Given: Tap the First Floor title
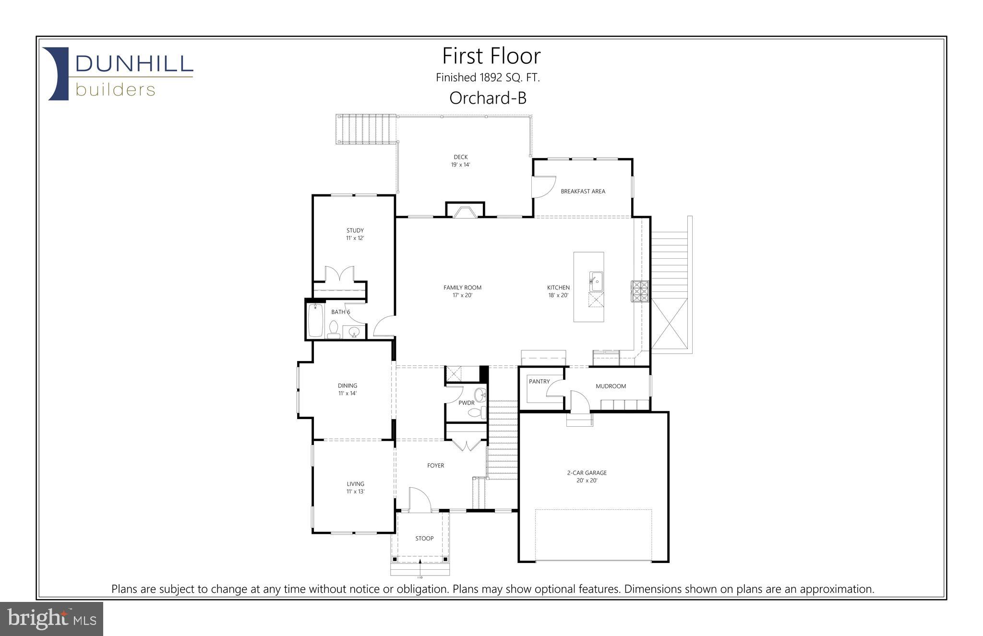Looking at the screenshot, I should pos(491,56).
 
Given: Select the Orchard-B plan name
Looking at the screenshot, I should pos(488,98).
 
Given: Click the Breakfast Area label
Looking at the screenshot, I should pos(583,192).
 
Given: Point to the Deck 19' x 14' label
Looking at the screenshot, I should pos(460,161).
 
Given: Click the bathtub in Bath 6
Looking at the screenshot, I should pos(315,320).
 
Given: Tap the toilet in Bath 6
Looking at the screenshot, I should pos(334,329).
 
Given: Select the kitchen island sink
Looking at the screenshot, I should pos(596,281).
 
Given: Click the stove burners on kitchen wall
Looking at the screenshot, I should pos(639,291).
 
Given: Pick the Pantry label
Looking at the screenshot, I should pos(539,382).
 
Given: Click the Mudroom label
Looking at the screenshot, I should pos(611,386).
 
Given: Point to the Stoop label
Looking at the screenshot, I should pos(424,539).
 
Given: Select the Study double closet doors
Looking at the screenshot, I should pos(339,274).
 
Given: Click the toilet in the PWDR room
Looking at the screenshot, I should pos(476,412).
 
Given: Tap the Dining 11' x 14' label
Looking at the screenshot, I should pos(347,389).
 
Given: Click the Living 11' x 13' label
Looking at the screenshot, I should pos(355,488).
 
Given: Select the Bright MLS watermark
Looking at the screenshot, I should pos(51,619).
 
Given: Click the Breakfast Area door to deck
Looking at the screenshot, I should pos(542,187).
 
